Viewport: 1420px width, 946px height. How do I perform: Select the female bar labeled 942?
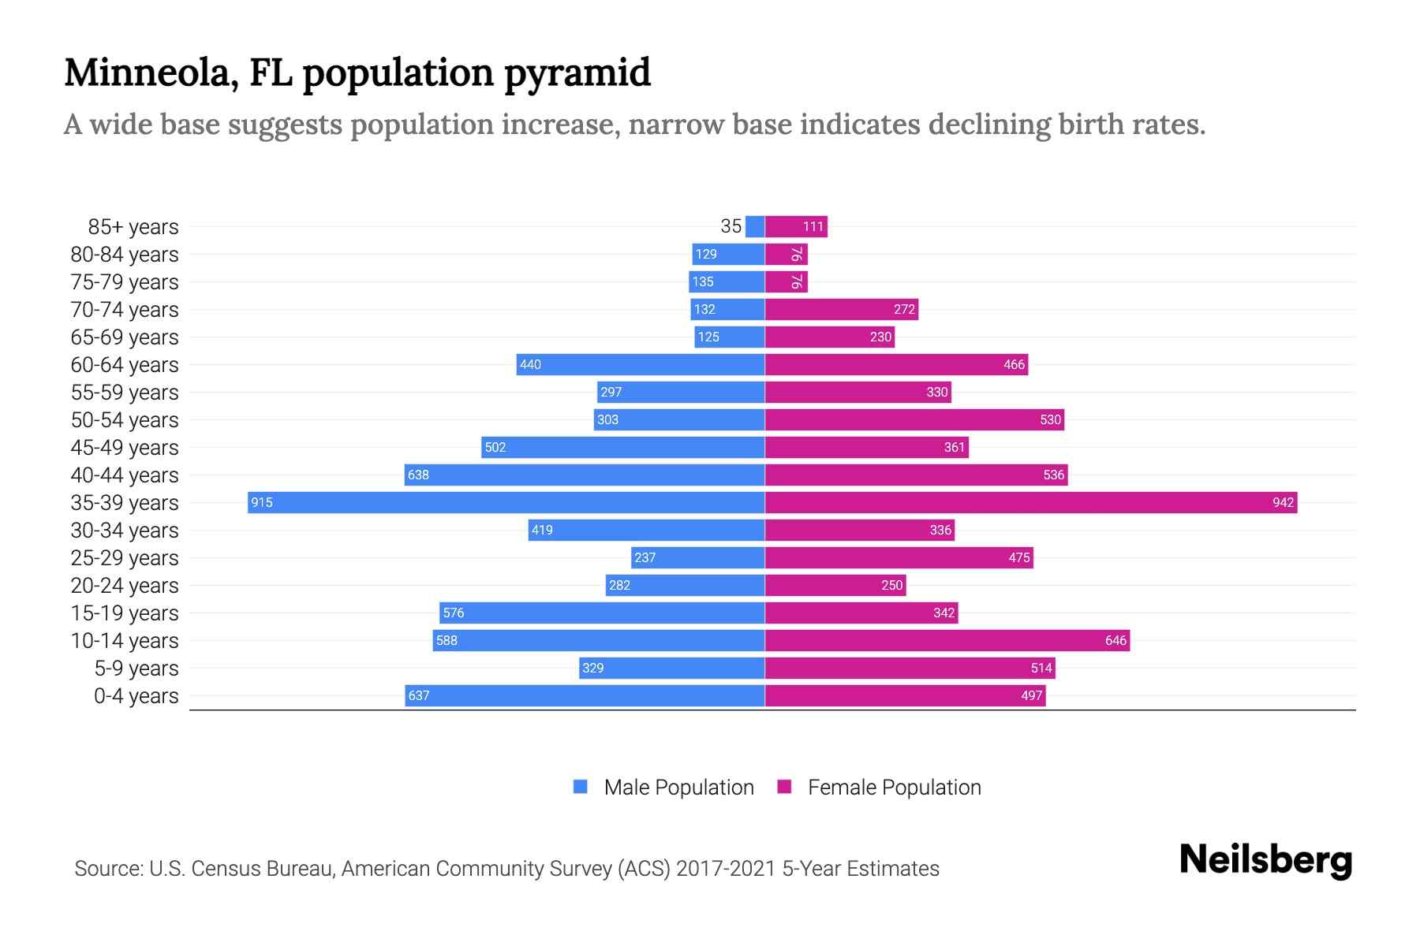click(x=1030, y=502)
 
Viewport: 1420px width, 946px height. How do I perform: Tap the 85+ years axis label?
click(x=133, y=227)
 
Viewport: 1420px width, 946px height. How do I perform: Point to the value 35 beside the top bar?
click(x=731, y=226)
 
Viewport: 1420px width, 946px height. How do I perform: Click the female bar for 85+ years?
click(x=795, y=226)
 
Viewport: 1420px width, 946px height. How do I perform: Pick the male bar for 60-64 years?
click(x=640, y=364)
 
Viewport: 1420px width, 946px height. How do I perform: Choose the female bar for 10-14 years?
click(x=947, y=640)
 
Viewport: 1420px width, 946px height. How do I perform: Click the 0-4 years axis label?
click(x=136, y=696)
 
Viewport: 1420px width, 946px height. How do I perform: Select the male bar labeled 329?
click(x=671, y=668)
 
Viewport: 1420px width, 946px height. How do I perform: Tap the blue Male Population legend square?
click(x=581, y=787)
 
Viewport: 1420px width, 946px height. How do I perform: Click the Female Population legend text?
click(x=894, y=788)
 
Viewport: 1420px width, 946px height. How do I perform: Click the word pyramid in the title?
click(x=577, y=73)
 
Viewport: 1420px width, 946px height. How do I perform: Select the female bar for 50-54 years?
click(x=914, y=419)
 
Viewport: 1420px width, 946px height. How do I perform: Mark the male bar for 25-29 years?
click(x=697, y=557)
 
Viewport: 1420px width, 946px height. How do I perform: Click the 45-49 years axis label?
click(x=125, y=448)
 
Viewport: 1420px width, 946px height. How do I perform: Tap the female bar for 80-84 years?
click(x=786, y=254)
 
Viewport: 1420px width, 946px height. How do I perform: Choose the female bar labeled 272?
click(x=841, y=309)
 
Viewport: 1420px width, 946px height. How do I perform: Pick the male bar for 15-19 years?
click(x=601, y=613)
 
